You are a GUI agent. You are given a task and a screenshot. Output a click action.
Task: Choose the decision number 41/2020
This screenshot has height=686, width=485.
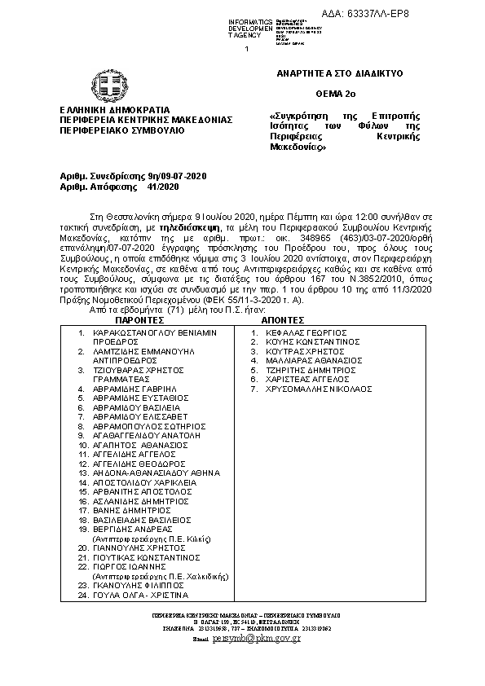click(x=163, y=187)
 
